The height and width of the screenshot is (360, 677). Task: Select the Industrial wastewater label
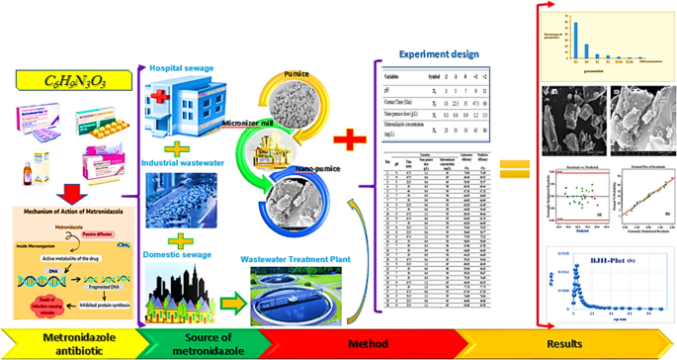tap(185, 161)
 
